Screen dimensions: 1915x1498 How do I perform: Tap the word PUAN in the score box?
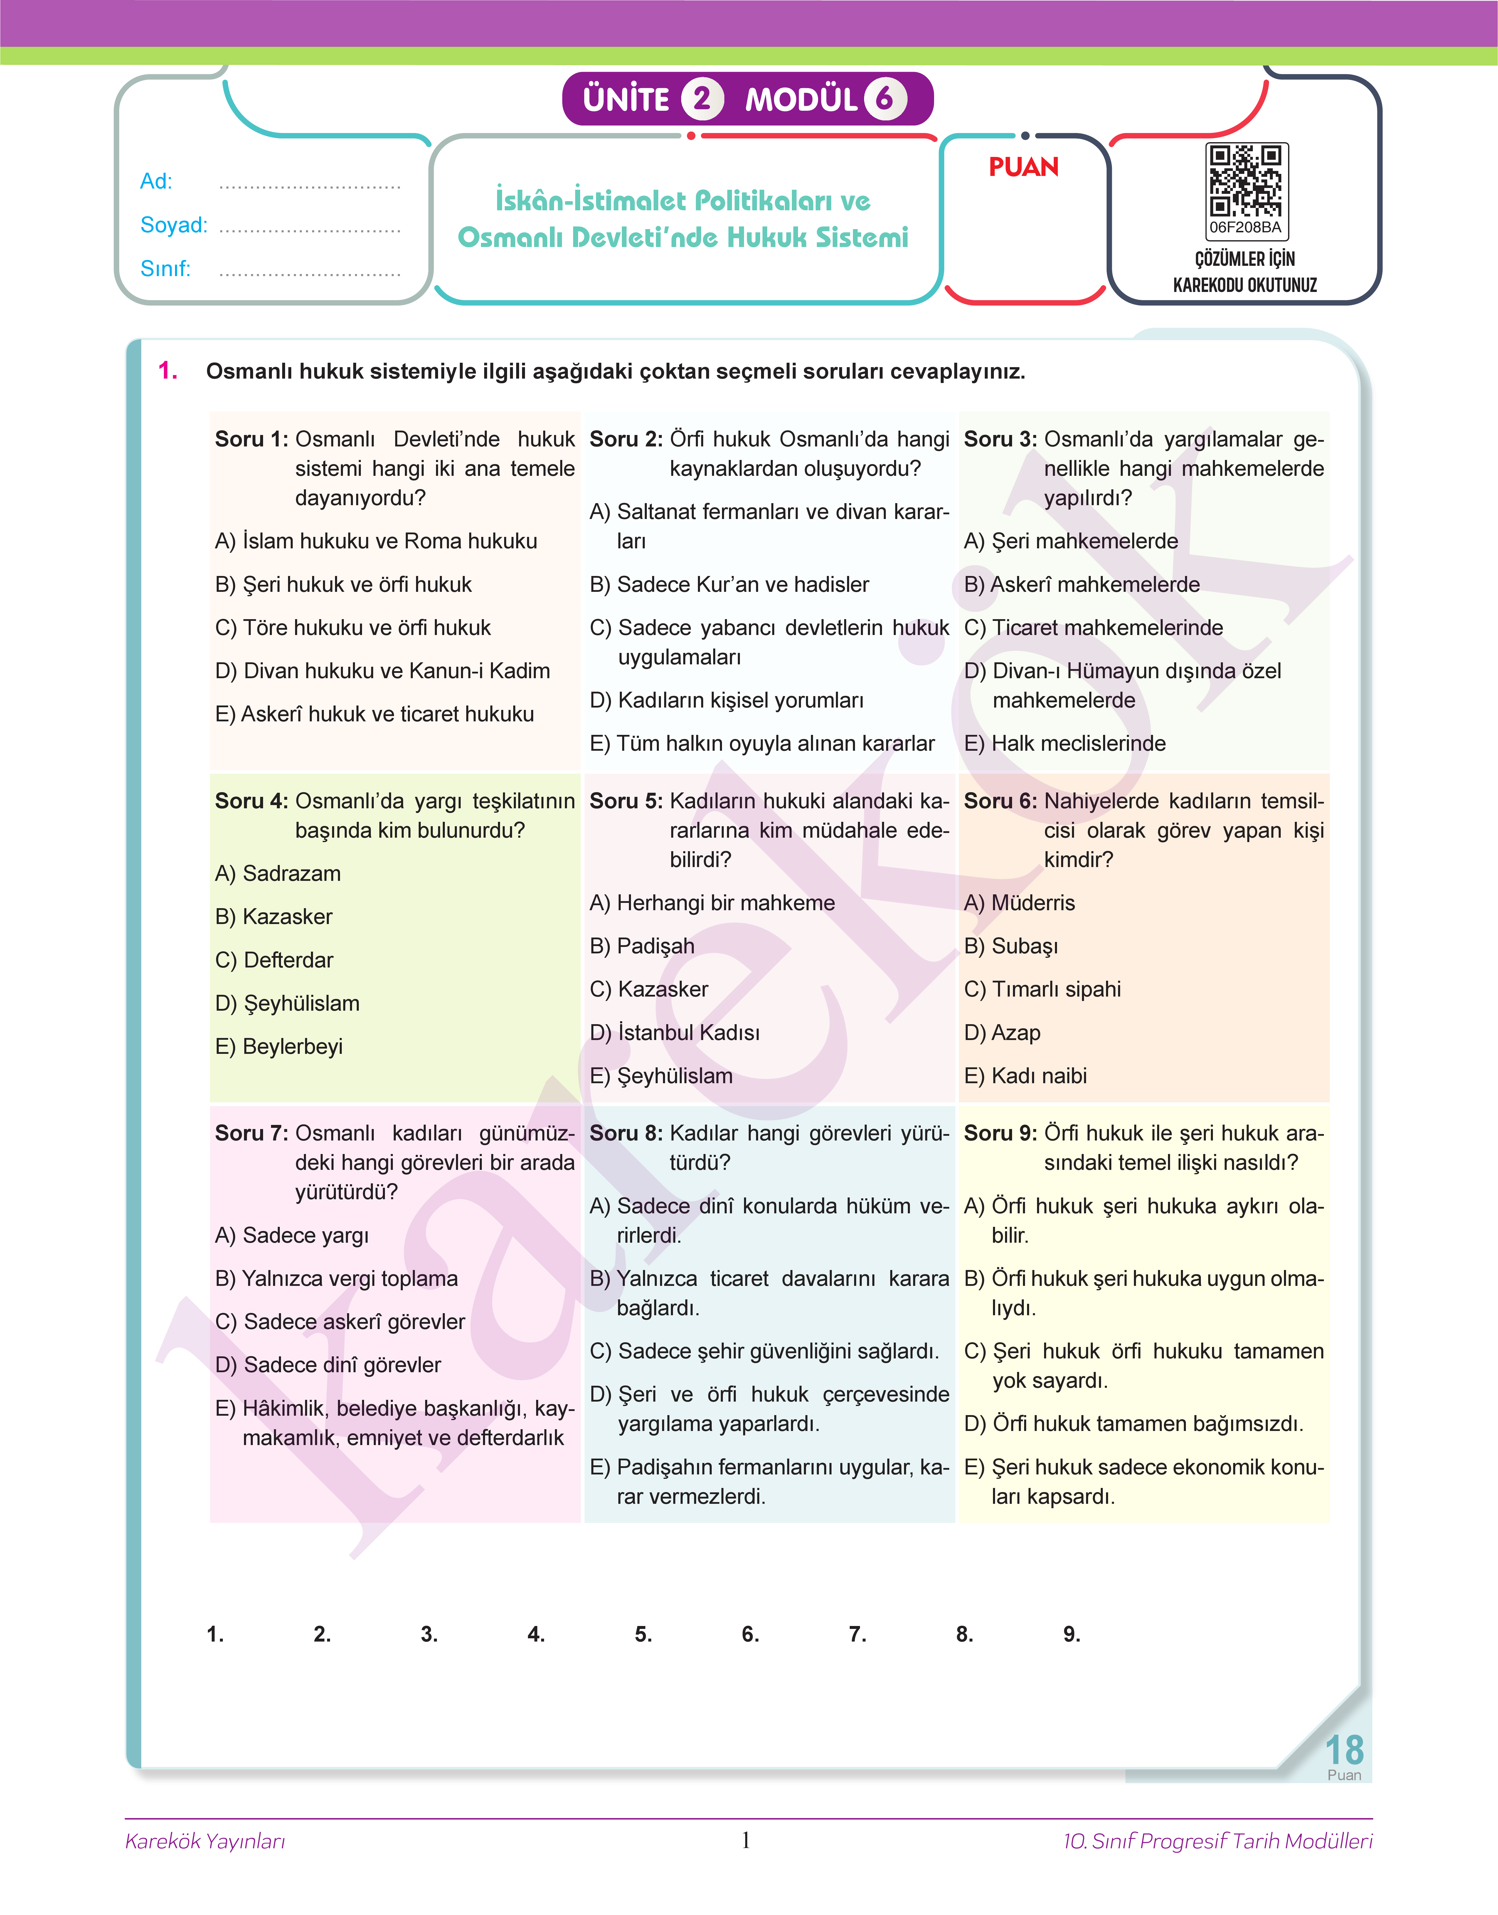pos(1024,167)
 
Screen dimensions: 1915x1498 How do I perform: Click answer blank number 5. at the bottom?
pos(644,1633)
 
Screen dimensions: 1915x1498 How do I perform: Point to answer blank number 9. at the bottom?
pos(1072,1633)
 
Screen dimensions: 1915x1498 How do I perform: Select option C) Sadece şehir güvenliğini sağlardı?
pos(764,1351)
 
